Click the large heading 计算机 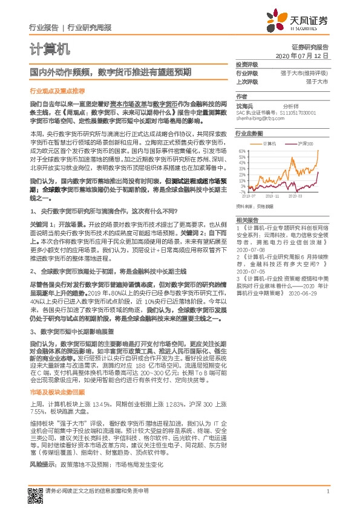point(50,48)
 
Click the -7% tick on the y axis point(242,192)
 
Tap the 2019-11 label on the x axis point(273,196)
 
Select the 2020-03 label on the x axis point(296,196)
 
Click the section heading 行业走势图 point(249,132)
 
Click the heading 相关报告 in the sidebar point(247,219)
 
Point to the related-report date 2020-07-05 point(250,272)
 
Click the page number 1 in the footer point(327,491)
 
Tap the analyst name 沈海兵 point(245,105)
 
